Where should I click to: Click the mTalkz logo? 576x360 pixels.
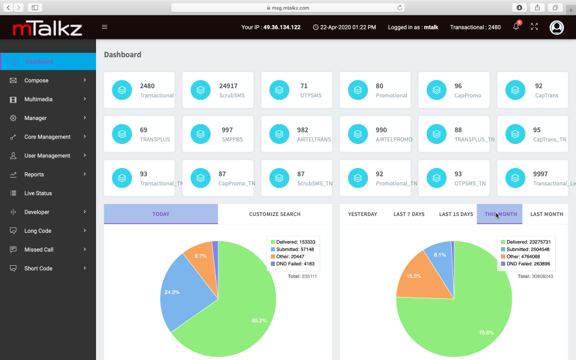click(x=47, y=28)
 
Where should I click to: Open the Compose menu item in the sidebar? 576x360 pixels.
click(x=37, y=80)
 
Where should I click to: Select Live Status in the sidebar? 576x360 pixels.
click(x=38, y=193)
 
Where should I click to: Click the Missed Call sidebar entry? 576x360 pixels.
click(x=39, y=250)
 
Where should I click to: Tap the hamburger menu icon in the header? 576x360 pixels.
click(x=105, y=27)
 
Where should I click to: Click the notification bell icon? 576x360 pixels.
click(x=516, y=27)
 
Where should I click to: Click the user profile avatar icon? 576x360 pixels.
click(x=557, y=27)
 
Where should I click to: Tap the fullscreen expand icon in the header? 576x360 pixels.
click(x=534, y=27)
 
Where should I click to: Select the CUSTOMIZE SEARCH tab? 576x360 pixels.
click(x=275, y=214)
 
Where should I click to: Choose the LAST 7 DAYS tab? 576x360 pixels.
click(x=409, y=214)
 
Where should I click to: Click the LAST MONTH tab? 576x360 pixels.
click(x=547, y=214)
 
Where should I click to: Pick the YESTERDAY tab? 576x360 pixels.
click(x=362, y=214)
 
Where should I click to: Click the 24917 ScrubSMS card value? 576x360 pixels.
click(x=228, y=86)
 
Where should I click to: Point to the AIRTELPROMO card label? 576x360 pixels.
click(x=394, y=139)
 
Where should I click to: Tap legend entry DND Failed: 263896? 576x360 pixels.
click(x=526, y=263)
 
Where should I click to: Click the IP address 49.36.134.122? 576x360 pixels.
click(x=281, y=27)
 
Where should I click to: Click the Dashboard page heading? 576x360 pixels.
click(x=122, y=55)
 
